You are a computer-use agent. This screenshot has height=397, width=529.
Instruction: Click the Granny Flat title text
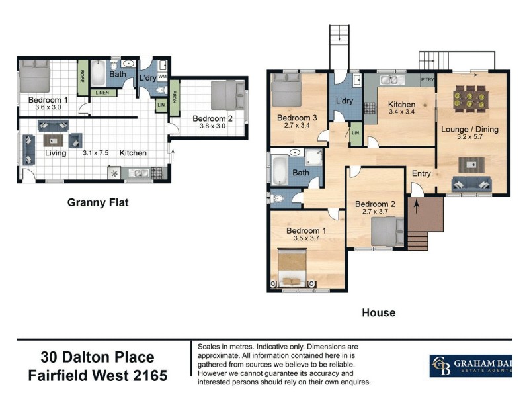pyautogui.click(x=98, y=203)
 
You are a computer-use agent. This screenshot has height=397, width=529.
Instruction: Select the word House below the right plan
pyautogui.click(x=378, y=312)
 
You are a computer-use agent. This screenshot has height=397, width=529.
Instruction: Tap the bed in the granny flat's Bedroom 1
pyautogui.click(x=34, y=76)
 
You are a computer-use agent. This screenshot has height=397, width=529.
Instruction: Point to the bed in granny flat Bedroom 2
pyautogui.click(x=227, y=95)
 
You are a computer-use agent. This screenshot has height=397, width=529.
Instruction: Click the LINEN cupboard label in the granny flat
pyautogui.click(x=102, y=93)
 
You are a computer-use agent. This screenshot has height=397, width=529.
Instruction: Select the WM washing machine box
pyautogui.click(x=162, y=77)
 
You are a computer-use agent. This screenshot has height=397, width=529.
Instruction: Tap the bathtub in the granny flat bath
pyautogui.click(x=97, y=73)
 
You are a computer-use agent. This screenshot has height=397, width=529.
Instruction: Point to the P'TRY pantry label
pyautogui.click(x=428, y=80)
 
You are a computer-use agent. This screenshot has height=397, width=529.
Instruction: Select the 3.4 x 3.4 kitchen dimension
pyautogui.click(x=401, y=113)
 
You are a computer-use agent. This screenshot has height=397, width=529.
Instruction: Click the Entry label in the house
pyautogui.click(x=421, y=174)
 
